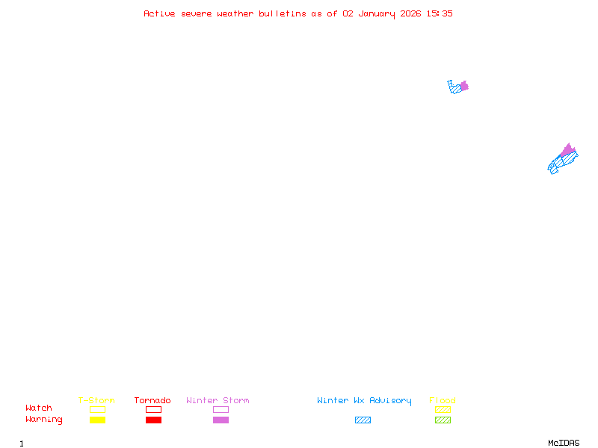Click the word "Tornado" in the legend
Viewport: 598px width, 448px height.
coord(152,401)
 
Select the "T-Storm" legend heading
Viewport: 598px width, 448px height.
coord(96,401)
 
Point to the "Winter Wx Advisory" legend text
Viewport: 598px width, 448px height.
coord(364,401)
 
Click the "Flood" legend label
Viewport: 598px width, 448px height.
coord(443,401)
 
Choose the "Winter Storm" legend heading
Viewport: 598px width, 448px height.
coord(218,401)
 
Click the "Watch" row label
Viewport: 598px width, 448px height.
coord(39,408)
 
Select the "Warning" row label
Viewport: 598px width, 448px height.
coord(44,420)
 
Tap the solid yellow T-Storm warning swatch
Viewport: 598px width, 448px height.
coord(97,420)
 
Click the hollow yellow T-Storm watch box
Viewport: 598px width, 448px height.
coord(97,409)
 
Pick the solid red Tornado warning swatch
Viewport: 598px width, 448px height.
coord(153,420)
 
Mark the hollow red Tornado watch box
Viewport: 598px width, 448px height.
coord(153,409)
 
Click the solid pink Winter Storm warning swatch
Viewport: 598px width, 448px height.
coord(221,420)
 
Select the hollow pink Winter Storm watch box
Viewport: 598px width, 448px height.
coord(221,409)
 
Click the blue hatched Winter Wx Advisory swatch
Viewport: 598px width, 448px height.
coord(363,420)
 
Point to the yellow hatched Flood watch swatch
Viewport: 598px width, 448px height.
coord(443,409)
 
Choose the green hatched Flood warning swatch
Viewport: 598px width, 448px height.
coord(443,420)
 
